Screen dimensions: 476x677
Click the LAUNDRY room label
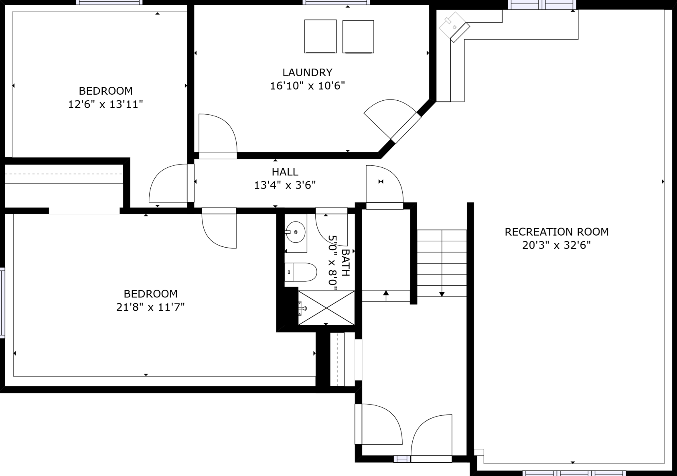click(307, 72)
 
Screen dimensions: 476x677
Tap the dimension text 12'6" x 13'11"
click(105, 104)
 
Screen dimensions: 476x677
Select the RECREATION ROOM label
click(556, 232)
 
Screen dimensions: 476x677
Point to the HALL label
click(285, 172)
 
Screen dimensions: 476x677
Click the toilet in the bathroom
click(301, 272)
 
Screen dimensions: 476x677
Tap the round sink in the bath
click(295, 232)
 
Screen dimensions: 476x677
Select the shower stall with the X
click(326, 308)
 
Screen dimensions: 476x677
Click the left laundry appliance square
click(320, 36)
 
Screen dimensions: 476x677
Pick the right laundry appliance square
click(358, 37)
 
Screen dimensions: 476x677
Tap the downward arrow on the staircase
click(442, 293)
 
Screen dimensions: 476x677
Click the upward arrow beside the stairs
click(386, 294)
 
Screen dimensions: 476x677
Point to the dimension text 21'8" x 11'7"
click(150, 307)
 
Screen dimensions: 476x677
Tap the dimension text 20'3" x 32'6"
click(556, 245)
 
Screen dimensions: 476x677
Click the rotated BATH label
click(345, 263)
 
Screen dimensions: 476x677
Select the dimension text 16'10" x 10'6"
click(307, 86)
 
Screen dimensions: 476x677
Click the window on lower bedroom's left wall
click(2, 303)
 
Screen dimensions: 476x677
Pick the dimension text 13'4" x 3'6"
click(285, 185)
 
